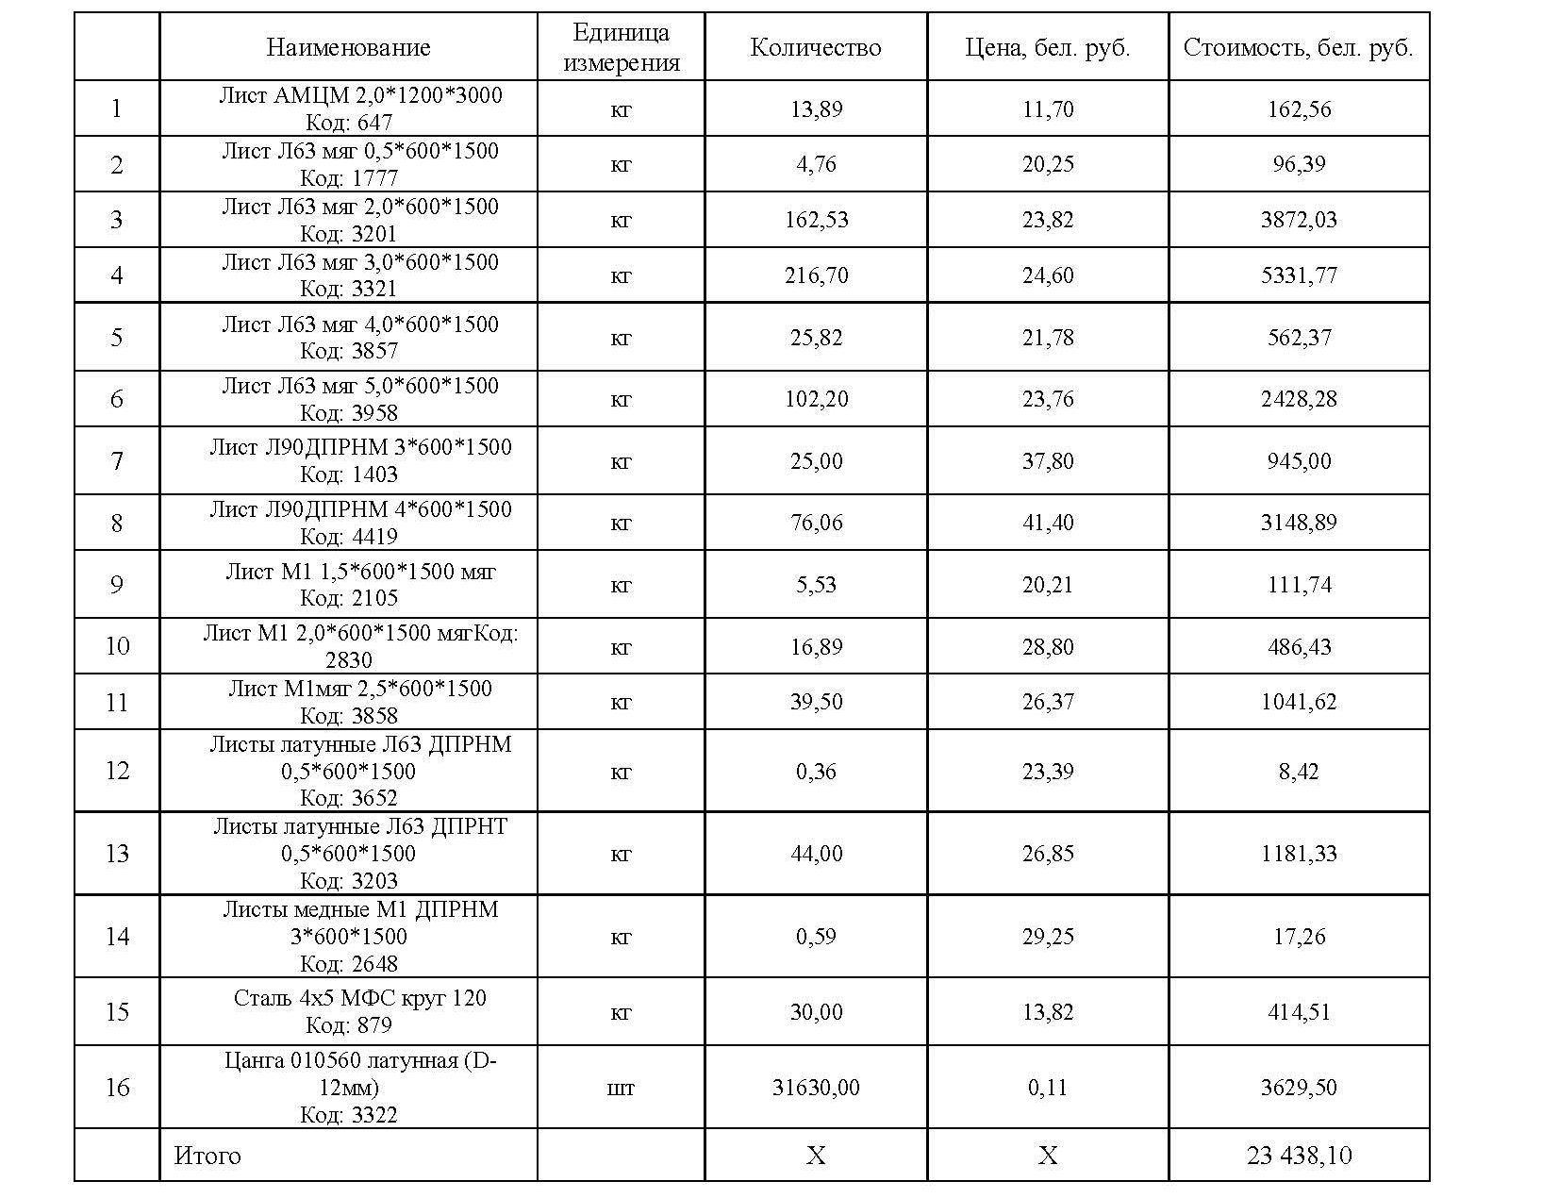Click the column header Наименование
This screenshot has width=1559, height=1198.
coord(348,47)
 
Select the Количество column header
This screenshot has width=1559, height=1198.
coord(816,47)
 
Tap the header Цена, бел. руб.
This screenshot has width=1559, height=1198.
coord(1048,47)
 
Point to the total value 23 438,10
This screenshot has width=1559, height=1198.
coord(1299,1155)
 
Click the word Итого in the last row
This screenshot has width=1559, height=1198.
coord(207,1155)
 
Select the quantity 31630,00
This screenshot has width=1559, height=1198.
coord(816,1087)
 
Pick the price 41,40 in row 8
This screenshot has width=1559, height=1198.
coord(1048,523)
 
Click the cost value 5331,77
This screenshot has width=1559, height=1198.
coord(1299,275)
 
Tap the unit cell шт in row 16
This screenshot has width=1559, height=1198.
coord(621,1088)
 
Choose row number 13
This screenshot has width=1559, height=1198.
coord(117,854)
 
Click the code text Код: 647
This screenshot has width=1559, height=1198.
coord(349,123)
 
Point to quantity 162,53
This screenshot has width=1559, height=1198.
coord(816,220)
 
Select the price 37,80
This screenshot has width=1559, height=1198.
coord(1048,461)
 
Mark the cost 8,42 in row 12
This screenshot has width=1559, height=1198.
coord(1299,772)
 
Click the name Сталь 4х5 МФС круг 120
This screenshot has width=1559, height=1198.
coord(360,998)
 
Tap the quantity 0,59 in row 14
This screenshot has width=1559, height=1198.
coord(816,937)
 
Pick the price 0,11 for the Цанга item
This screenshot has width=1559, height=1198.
coord(1048,1088)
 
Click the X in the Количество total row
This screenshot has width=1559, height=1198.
coord(816,1156)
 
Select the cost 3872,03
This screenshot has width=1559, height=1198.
coord(1299,220)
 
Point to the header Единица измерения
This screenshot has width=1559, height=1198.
coord(621,47)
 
